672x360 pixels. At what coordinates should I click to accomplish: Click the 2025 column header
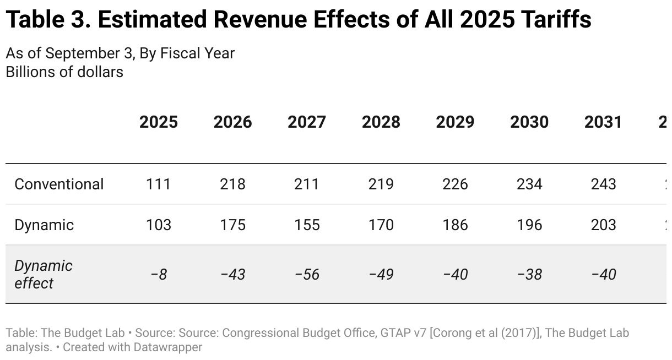pyautogui.click(x=159, y=122)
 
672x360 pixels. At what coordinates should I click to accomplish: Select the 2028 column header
pyautogui.click(x=381, y=122)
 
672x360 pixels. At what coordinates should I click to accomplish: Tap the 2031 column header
pyautogui.click(x=603, y=122)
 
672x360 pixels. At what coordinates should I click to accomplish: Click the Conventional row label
pyautogui.click(x=59, y=184)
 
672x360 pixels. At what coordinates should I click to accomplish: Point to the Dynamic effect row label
pyautogui.click(x=43, y=274)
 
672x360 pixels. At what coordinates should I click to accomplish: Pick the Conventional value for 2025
pyautogui.click(x=159, y=184)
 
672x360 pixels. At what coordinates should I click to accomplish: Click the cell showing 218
pyautogui.click(x=232, y=184)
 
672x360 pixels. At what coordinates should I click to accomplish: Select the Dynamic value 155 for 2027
pyautogui.click(x=307, y=225)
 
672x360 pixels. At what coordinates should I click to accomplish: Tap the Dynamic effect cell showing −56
pyautogui.click(x=307, y=274)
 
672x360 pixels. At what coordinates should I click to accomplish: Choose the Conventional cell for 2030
pyautogui.click(x=529, y=184)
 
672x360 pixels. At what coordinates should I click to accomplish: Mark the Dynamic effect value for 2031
pyautogui.click(x=603, y=274)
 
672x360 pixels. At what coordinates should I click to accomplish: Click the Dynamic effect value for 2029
pyautogui.click(x=455, y=274)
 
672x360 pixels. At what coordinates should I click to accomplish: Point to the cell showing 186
pyautogui.click(x=455, y=225)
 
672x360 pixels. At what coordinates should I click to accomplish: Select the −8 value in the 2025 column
pyautogui.click(x=159, y=274)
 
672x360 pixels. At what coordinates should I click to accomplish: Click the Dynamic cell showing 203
pyautogui.click(x=603, y=225)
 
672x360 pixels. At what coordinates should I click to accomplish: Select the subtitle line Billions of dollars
pyautogui.click(x=64, y=72)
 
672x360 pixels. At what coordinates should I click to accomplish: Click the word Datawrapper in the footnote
pyautogui.click(x=167, y=347)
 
